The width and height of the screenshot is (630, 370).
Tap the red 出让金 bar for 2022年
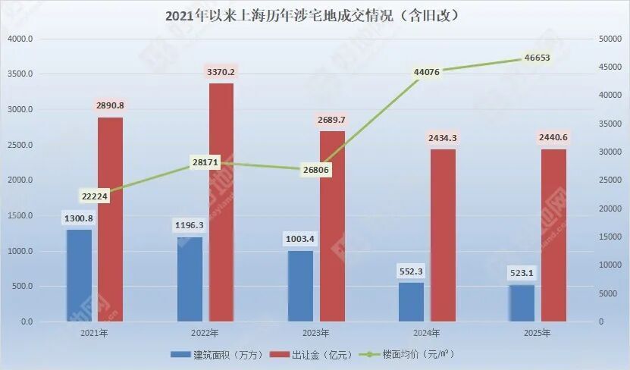221,202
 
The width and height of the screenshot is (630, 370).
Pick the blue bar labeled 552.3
411,302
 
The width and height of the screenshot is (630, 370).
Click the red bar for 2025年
553,235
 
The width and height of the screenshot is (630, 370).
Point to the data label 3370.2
221,72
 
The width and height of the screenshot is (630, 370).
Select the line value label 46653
537,58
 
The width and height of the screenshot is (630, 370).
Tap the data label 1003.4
300,240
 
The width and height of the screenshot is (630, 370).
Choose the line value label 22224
94,196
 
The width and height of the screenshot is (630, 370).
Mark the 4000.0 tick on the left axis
19,39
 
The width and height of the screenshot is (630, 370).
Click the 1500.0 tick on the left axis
19,215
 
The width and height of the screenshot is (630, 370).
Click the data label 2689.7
331,120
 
